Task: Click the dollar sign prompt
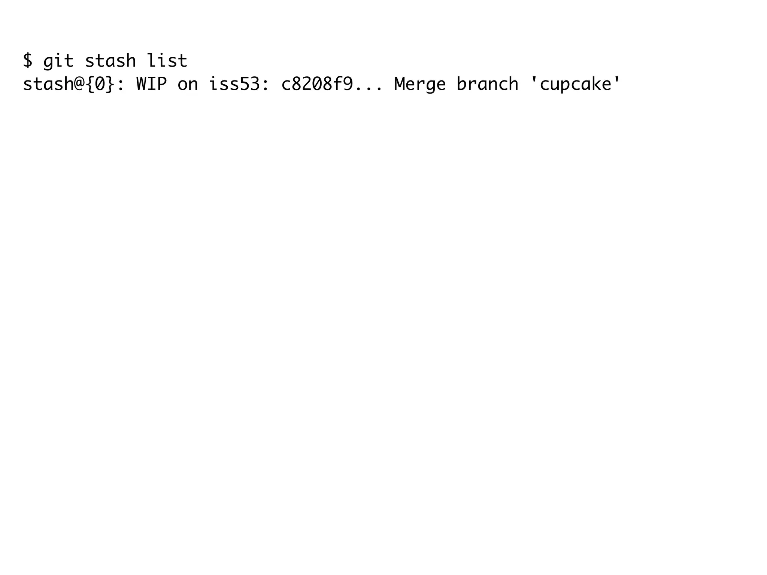coord(28,61)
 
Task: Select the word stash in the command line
coord(110,61)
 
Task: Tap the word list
coord(167,61)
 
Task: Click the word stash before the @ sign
coord(48,84)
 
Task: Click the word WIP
coord(151,84)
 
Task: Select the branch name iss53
coord(234,84)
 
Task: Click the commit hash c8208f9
coord(317,84)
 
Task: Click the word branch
coord(487,84)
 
